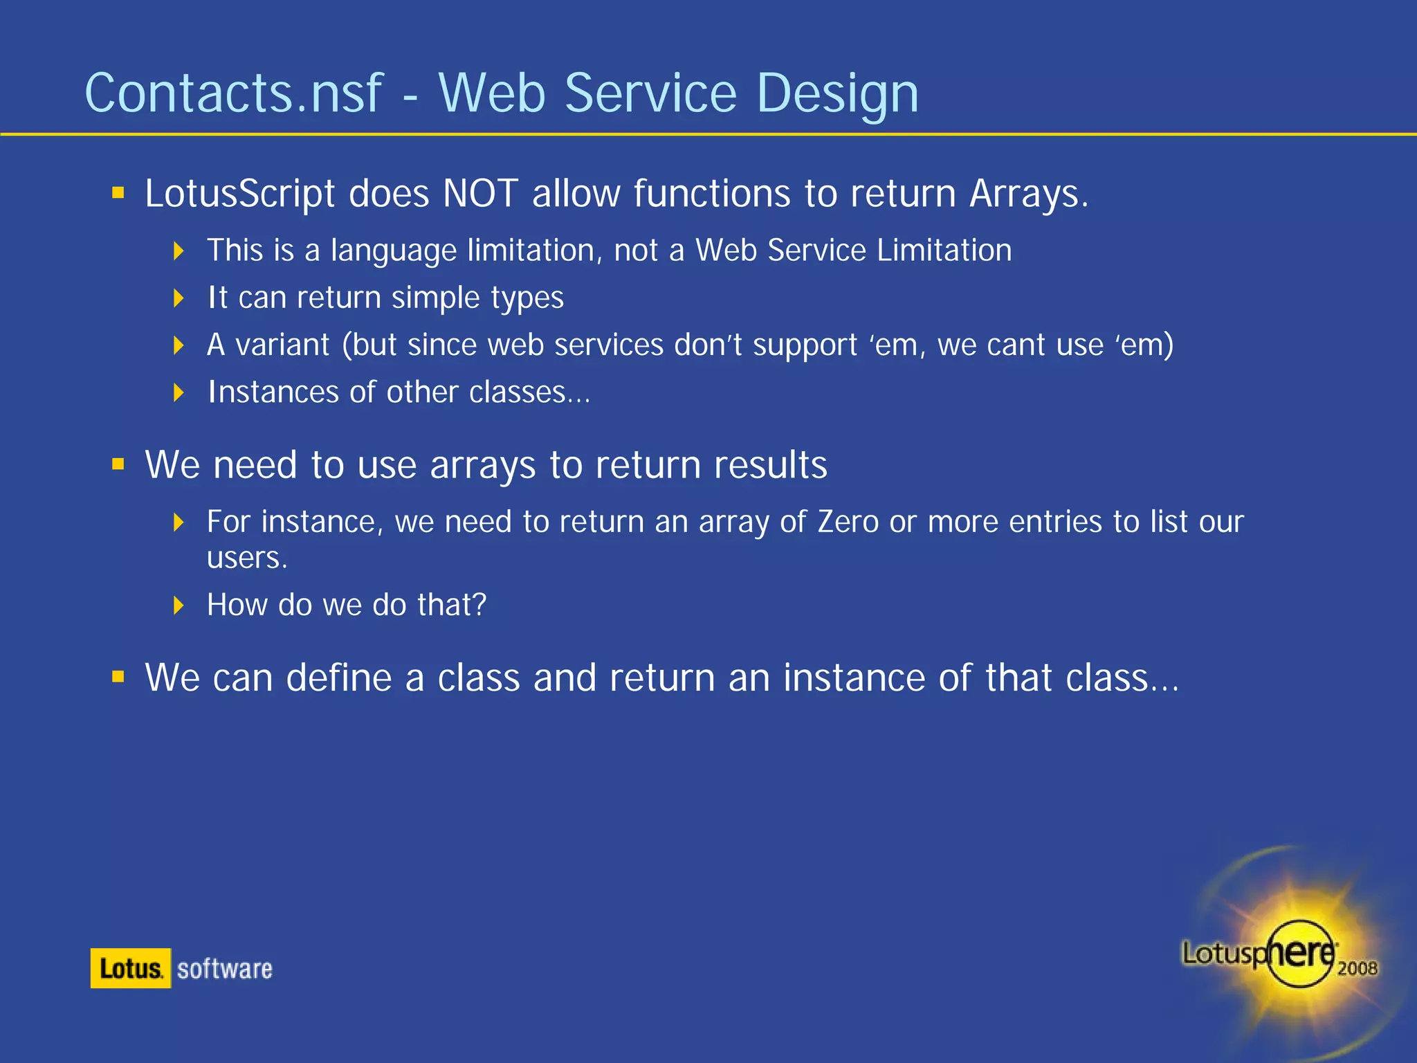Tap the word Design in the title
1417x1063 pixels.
[837, 94]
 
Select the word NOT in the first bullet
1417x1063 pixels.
[480, 193]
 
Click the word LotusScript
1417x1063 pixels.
[239, 194]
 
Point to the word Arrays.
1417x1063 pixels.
[1028, 193]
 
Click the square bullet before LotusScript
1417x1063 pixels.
[118, 192]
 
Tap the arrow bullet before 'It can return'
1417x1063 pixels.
[179, 298]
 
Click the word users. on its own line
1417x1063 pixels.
[247, 558]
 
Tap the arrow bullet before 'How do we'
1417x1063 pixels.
[179, 606]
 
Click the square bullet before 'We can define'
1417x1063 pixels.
[118, 677]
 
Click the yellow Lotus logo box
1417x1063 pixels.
[131, 968]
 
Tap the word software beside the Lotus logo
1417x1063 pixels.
[225, 969]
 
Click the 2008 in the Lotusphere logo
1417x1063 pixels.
[1357, 968]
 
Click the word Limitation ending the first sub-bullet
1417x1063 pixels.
[944, 251]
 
